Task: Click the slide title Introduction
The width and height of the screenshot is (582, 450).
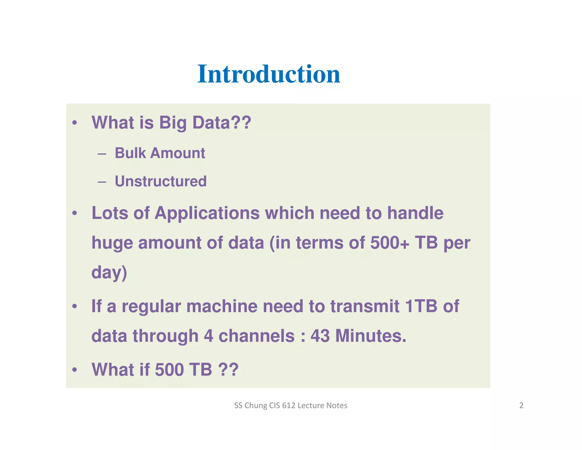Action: (x=269, y=74)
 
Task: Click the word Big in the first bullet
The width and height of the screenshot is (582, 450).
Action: (x=172, y=123)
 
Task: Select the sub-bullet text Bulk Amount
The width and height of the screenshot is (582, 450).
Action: (x=160, y=153)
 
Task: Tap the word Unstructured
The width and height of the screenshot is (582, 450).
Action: (x=161, y=181)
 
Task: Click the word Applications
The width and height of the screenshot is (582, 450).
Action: (x=207, y=213)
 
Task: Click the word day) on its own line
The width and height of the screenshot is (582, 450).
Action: (x=109, y=273)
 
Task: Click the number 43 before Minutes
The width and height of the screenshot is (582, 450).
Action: (x=320, y=336)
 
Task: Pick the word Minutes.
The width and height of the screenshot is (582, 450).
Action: (x=371, y=336)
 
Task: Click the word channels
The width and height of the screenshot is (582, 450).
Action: (x=256, y=336)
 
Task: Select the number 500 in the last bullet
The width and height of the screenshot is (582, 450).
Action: (x=169, y=370)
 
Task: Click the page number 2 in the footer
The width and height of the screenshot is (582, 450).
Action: (x=521, y=405)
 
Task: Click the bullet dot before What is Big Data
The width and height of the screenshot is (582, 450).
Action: (x=74, y=123)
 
